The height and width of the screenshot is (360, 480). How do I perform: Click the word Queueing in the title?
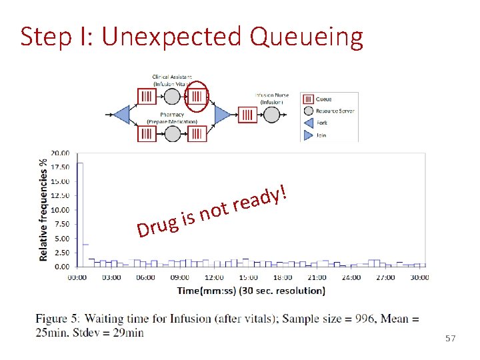coord(307,37)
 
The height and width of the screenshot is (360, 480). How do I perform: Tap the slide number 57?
coord(450,339)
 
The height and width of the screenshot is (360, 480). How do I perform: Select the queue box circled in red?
coord(197,97)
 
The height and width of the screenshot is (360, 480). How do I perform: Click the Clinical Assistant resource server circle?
coord(171,97)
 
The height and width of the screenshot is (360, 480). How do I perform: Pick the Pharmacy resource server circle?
coord(171,133)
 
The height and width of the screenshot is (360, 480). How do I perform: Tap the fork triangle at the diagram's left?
coord(121,115)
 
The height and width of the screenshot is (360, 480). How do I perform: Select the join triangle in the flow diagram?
coord(222,115)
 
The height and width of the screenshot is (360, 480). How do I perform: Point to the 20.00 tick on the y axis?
coord(61,153)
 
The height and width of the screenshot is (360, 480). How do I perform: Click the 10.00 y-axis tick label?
coord(61,209)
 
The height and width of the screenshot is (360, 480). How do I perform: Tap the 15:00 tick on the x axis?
coord(249,277)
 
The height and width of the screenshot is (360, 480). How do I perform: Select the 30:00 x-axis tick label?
coord(419,277)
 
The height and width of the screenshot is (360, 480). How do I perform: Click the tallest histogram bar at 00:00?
coord(79,213)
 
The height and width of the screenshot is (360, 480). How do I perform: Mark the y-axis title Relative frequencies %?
coord(44,209)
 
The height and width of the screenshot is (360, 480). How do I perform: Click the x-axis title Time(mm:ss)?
coord(251,290)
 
